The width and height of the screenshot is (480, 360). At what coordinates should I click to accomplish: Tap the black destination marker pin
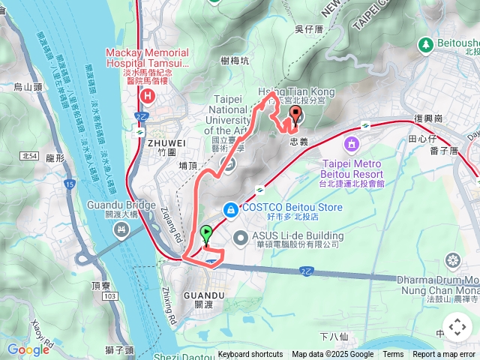coord(295,115)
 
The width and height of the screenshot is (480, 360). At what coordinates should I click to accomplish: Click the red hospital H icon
coord(147,95)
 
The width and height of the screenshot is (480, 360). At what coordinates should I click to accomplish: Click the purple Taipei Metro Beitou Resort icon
coord(351,143)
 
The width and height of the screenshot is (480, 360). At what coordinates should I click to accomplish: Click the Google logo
coord(28,349)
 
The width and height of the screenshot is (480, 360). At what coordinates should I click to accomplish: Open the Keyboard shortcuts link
coord(250,355)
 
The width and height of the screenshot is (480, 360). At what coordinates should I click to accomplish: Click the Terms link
coord(393,355)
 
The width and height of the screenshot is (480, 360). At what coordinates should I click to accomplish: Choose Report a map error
coord(445,355)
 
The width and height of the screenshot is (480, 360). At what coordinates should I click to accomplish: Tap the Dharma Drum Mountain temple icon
coord(452,261)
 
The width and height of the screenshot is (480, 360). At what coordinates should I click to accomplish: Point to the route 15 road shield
coord(69,184)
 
